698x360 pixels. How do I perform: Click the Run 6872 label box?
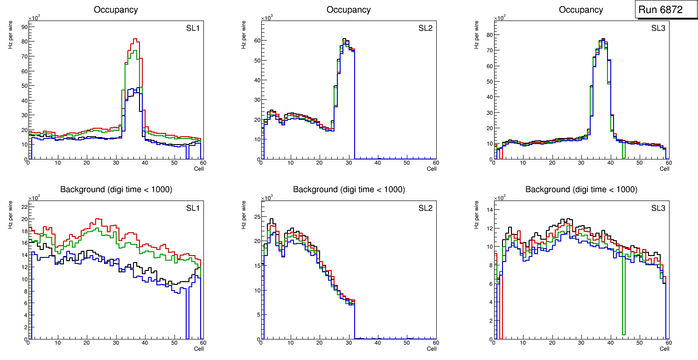coord(660,10)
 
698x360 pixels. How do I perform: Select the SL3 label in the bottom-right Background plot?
coord(658,208)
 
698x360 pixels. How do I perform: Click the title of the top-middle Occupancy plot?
coord(349,10)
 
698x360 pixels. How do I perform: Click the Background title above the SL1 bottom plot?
coord(116,189)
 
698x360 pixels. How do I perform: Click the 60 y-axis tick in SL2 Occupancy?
coord(256,40)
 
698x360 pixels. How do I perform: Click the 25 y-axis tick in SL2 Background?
coord(256,217)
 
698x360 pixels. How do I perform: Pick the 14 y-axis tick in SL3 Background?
coord(489,209)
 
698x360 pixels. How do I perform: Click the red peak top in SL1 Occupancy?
coord(135,39)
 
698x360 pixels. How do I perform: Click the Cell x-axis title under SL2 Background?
coord(432,349)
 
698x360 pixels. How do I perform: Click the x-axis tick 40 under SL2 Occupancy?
coord(377,163)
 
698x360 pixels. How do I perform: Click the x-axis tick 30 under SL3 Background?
coord(581,343)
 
